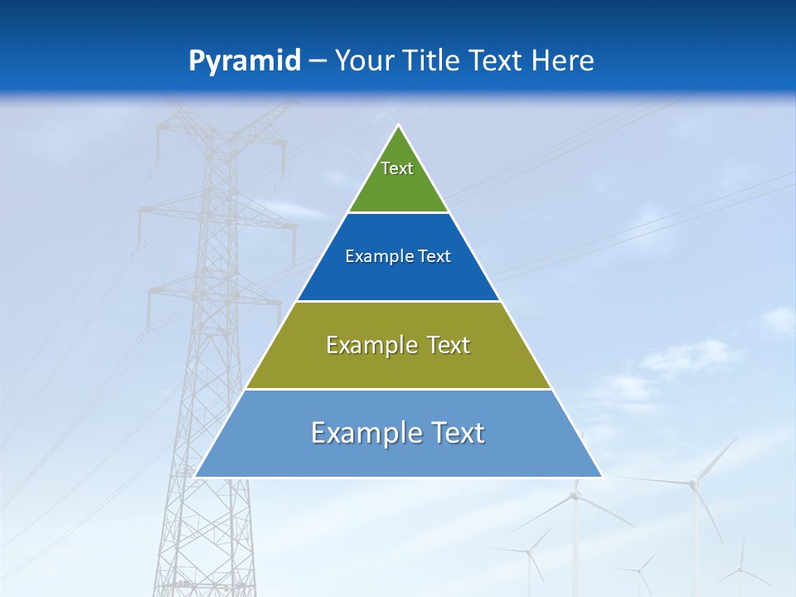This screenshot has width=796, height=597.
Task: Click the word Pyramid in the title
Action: tap(245, 61)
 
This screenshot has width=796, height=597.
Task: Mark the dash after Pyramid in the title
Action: tap(317, 61)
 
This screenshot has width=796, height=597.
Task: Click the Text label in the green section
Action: tap(397, 168)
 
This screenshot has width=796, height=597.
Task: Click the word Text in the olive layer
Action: tap(448, 345)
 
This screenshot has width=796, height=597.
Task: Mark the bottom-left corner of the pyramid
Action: tap(195, 477)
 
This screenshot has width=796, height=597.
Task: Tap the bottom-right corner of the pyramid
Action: tap(602, 477)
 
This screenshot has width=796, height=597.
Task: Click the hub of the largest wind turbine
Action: tap(694, 482)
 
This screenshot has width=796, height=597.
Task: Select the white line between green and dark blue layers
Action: tap(398, 213)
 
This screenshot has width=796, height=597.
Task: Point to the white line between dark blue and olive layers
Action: tap(398, 301)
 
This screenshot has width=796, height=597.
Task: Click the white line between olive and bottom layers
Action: tap(398, 389)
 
